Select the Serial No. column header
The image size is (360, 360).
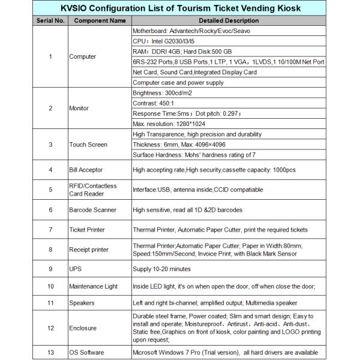click(x=50, y=20)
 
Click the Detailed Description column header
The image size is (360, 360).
click(x=227, y=20)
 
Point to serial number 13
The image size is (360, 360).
click(x=50, y=353)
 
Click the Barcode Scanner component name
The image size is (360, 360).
click(x=92, y=210)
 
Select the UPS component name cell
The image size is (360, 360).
click(x=76, y=268)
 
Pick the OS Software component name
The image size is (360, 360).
click(x=87, y=353)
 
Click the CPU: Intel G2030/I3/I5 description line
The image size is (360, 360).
click(x=169, y=41)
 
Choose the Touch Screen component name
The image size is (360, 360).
click(x=88, y=145)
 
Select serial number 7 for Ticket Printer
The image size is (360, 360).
click(x=50, y=230)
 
